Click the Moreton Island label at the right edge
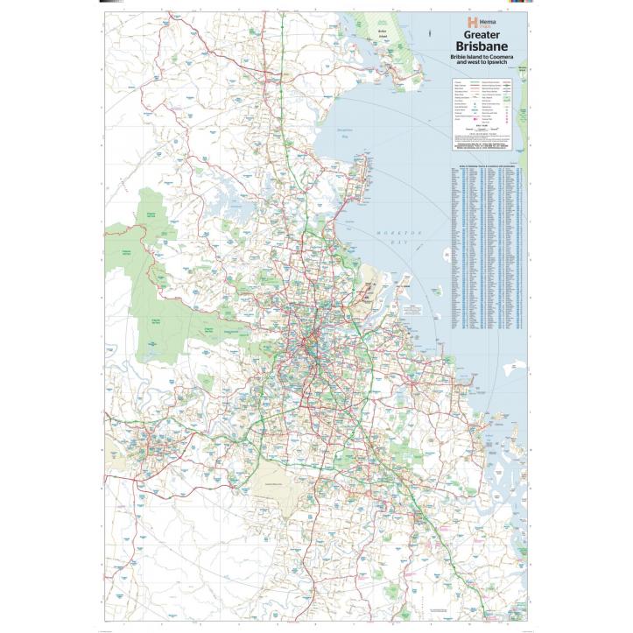click(523, 67)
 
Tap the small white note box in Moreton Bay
click(411, 311)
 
